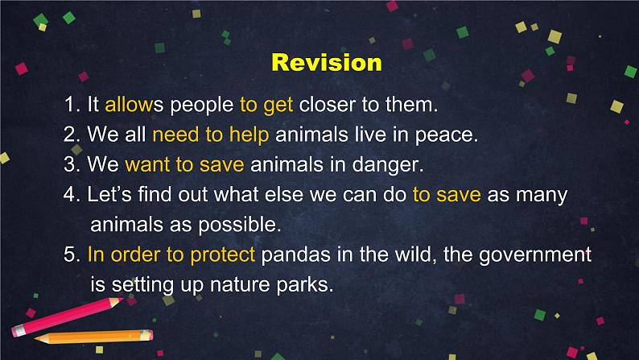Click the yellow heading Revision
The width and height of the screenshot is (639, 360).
(327, 62)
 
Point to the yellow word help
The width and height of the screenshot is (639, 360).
(249, 135)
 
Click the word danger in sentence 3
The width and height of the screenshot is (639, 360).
(388, 165)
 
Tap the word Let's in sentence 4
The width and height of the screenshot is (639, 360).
(109, 194)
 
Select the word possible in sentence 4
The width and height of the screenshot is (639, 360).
(240, 225)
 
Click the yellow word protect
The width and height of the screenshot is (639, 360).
(222, 255)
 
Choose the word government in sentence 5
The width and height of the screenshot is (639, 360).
(534, 255)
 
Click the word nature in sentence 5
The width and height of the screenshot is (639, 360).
(239, 284)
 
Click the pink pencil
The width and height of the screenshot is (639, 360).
(67, 317)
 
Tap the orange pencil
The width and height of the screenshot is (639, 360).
(93, 337)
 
